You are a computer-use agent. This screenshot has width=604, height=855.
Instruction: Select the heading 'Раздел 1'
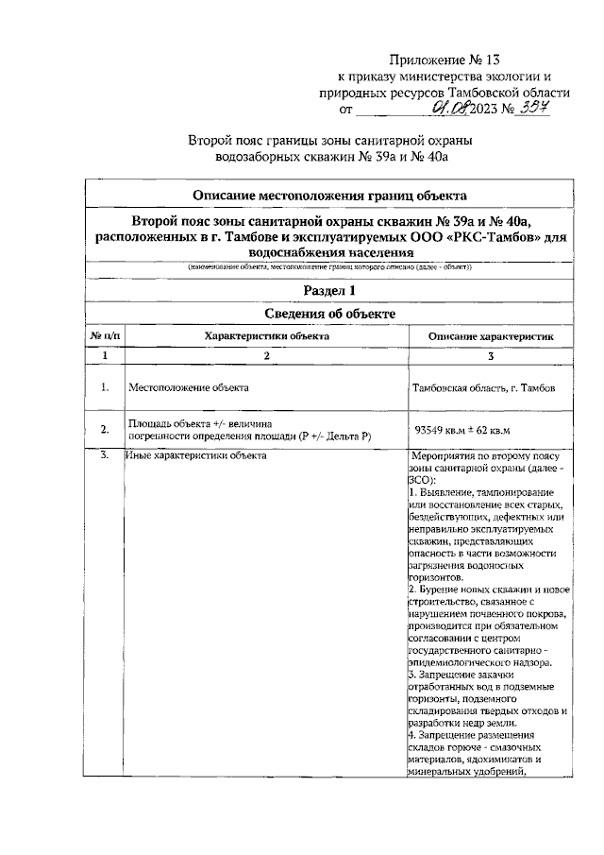coord(329,290)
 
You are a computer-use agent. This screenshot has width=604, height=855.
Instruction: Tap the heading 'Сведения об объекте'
coord(329,314)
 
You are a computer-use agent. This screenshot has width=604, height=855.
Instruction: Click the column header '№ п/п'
coord(106,335)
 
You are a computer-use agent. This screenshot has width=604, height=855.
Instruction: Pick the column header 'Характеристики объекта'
coord(267,335)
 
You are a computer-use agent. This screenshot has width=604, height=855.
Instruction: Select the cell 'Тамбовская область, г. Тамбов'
coord(484,388)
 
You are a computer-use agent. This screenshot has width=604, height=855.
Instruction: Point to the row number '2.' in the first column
coord(106,431)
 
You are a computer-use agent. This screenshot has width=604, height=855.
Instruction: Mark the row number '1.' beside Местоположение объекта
coord(106,387)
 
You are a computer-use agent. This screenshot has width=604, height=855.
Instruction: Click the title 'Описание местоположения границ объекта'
coord(329,196)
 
